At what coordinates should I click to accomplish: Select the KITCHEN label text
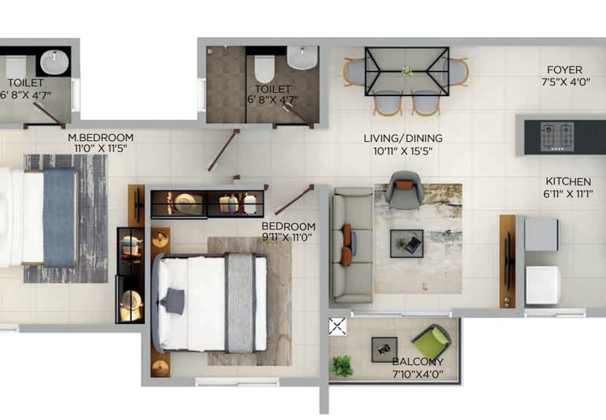[568, 181]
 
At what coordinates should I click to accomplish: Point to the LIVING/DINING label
[398, 138]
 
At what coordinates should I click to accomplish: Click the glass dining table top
[406, 71]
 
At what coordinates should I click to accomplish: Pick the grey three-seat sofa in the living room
[352, 245]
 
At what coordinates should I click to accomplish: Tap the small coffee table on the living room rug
[406, 243]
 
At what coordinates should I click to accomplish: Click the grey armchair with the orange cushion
[405, 191]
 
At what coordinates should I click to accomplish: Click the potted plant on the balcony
[342, 366]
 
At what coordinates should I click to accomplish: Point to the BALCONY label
[417, 362]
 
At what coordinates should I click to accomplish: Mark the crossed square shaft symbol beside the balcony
[338, 326]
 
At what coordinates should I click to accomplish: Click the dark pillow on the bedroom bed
[174, 300]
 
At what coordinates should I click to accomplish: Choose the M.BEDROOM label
[100, 137]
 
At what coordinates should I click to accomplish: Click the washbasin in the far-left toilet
[54, 61]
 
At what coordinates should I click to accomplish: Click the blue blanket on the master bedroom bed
[60, 217]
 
